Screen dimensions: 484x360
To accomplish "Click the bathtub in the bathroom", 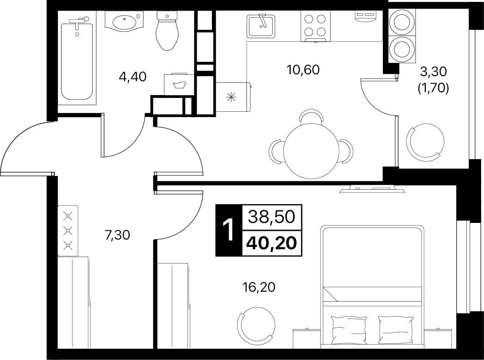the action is click(x=77, y=59).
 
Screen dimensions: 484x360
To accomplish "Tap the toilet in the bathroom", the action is click(x=167, y=30).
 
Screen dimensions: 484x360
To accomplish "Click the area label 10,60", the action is click(x=303, y=70).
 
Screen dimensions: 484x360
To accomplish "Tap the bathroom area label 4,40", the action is click(x=132, y=77).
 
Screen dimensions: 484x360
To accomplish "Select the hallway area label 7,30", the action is click(x=117, y=236).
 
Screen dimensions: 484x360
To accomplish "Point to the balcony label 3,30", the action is click(x=433, y=72).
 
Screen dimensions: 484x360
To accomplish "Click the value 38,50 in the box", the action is click(x=272, y=217).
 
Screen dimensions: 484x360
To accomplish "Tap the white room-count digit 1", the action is click(x=229, y=230).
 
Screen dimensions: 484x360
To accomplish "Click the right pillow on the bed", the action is click(x=396, y=330).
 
